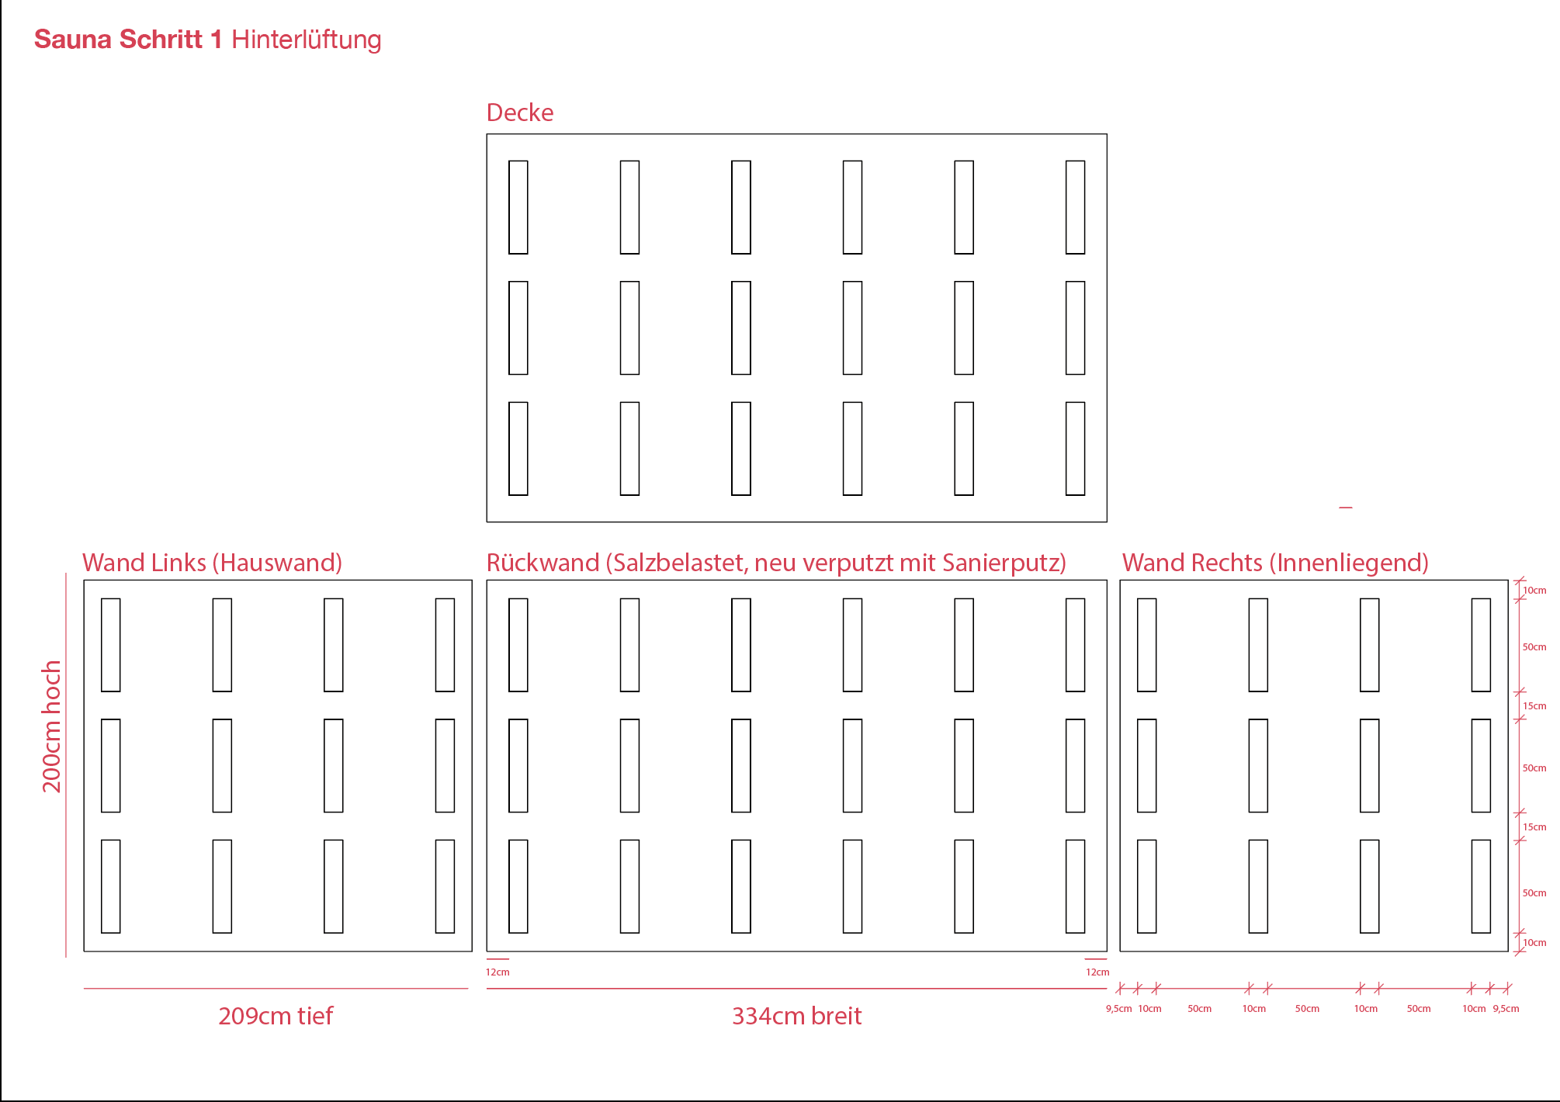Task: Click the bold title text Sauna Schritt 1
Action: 128,40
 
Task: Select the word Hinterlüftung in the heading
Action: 306,40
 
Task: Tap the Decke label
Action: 519,113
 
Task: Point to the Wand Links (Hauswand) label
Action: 212,563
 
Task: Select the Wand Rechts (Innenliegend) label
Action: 1275,563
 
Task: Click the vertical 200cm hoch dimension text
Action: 51,726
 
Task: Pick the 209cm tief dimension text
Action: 276,1016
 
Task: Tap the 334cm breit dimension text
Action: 796,1016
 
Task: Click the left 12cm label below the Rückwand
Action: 497,972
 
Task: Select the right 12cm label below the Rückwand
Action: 1097,972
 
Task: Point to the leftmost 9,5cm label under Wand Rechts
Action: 1118,1009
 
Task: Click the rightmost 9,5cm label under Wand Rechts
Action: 1506,1009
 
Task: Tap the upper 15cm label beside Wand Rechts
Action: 1534,706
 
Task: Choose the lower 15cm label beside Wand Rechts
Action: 1534,827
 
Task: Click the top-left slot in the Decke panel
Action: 518,207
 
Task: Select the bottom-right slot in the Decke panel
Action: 1075,449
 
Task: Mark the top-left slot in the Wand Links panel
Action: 111,645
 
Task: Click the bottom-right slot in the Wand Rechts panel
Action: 1481,886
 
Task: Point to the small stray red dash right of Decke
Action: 1346,508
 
